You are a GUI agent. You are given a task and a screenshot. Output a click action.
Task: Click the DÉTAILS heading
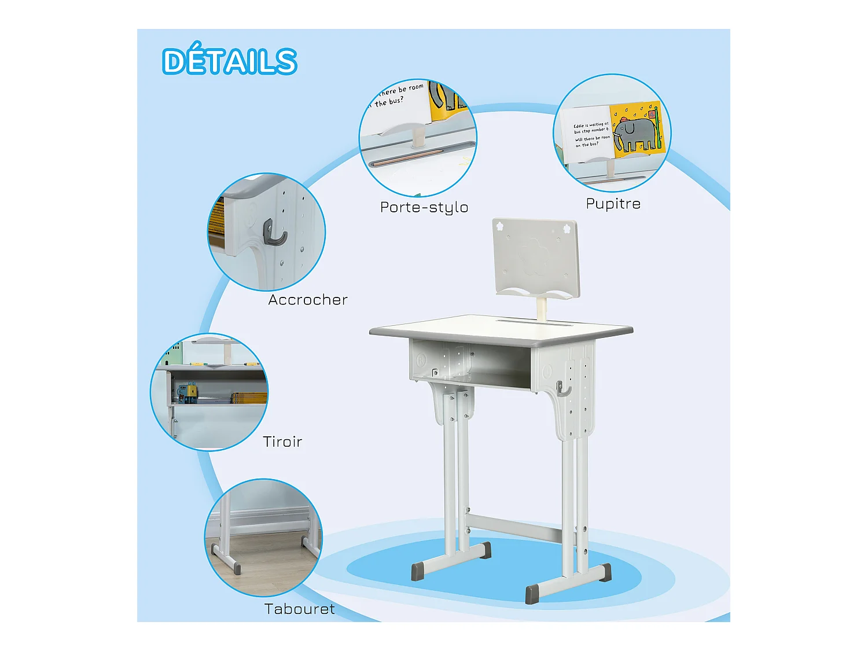pyautogui.click(x=229, y=61)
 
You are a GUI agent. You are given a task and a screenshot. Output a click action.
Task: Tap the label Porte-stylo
pyautogui.click(x=424, y=207)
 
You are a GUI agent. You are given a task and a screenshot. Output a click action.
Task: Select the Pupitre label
pyautogui.click(x=613, y=204)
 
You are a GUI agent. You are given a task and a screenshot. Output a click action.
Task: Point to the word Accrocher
pyautogui.click(x=308, y=300)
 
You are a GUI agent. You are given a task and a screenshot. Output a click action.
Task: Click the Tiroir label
pyautogui.click(x=282, y=442)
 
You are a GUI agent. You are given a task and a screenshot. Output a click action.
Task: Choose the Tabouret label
pyautogui.click(x=299, y=609)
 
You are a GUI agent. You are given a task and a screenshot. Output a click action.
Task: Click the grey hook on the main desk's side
pyautogui.click(x=562, y=389)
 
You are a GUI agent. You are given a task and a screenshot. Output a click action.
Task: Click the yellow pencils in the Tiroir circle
pyautogui.click(x=249, y=398)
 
